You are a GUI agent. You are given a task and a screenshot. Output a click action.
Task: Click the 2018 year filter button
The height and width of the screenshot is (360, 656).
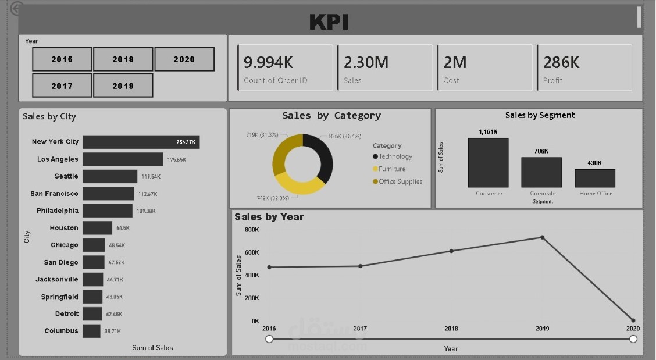coord(123,59)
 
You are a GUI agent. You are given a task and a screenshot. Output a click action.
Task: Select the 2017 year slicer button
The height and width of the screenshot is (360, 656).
coord(62,85)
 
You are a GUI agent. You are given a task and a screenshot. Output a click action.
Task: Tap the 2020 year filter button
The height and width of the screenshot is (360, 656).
coord(184,59)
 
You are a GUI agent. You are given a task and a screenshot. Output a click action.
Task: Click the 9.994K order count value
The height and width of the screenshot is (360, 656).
coord(276,63)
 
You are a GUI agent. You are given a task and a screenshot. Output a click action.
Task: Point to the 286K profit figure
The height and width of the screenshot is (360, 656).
coord(561,63)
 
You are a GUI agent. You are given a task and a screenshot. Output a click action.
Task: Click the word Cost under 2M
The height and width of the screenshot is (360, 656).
coord(451,81)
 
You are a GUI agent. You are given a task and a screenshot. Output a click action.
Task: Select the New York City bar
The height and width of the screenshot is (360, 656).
coord(141,142)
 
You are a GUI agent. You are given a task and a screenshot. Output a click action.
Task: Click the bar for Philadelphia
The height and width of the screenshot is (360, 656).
coord(108,211)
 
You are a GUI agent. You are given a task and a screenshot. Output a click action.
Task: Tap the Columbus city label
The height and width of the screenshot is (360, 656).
coord(61,331)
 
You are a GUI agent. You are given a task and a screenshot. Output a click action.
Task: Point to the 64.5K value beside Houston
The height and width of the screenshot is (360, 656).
coord(123,228)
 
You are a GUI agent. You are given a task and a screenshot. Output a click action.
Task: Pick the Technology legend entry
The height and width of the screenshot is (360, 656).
coord(395,156)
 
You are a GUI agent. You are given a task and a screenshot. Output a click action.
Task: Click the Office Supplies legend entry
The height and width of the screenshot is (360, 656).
coord(400,181)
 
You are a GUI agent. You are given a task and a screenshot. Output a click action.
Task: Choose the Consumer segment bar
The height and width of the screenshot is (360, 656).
coord(488,163)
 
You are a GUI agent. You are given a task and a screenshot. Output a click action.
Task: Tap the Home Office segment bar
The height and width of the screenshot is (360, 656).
coord(595,178)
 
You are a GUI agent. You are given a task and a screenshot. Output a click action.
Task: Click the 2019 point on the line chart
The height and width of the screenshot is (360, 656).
coord(542,237)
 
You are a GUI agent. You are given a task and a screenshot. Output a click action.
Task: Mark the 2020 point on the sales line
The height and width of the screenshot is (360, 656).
coord(633,320)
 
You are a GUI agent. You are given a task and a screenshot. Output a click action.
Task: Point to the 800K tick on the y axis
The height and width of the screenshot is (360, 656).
coord(252,230)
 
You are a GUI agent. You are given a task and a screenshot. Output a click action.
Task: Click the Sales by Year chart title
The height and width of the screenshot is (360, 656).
coord(269,217)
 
